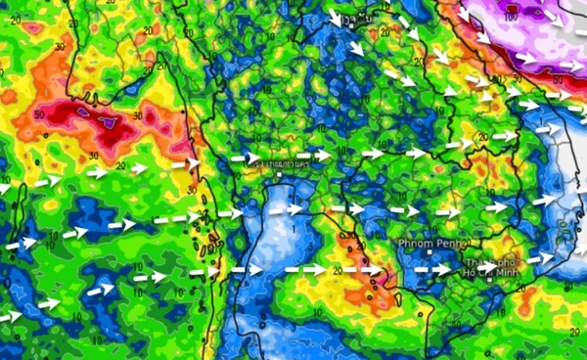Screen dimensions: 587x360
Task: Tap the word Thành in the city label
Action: click(475, 263)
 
